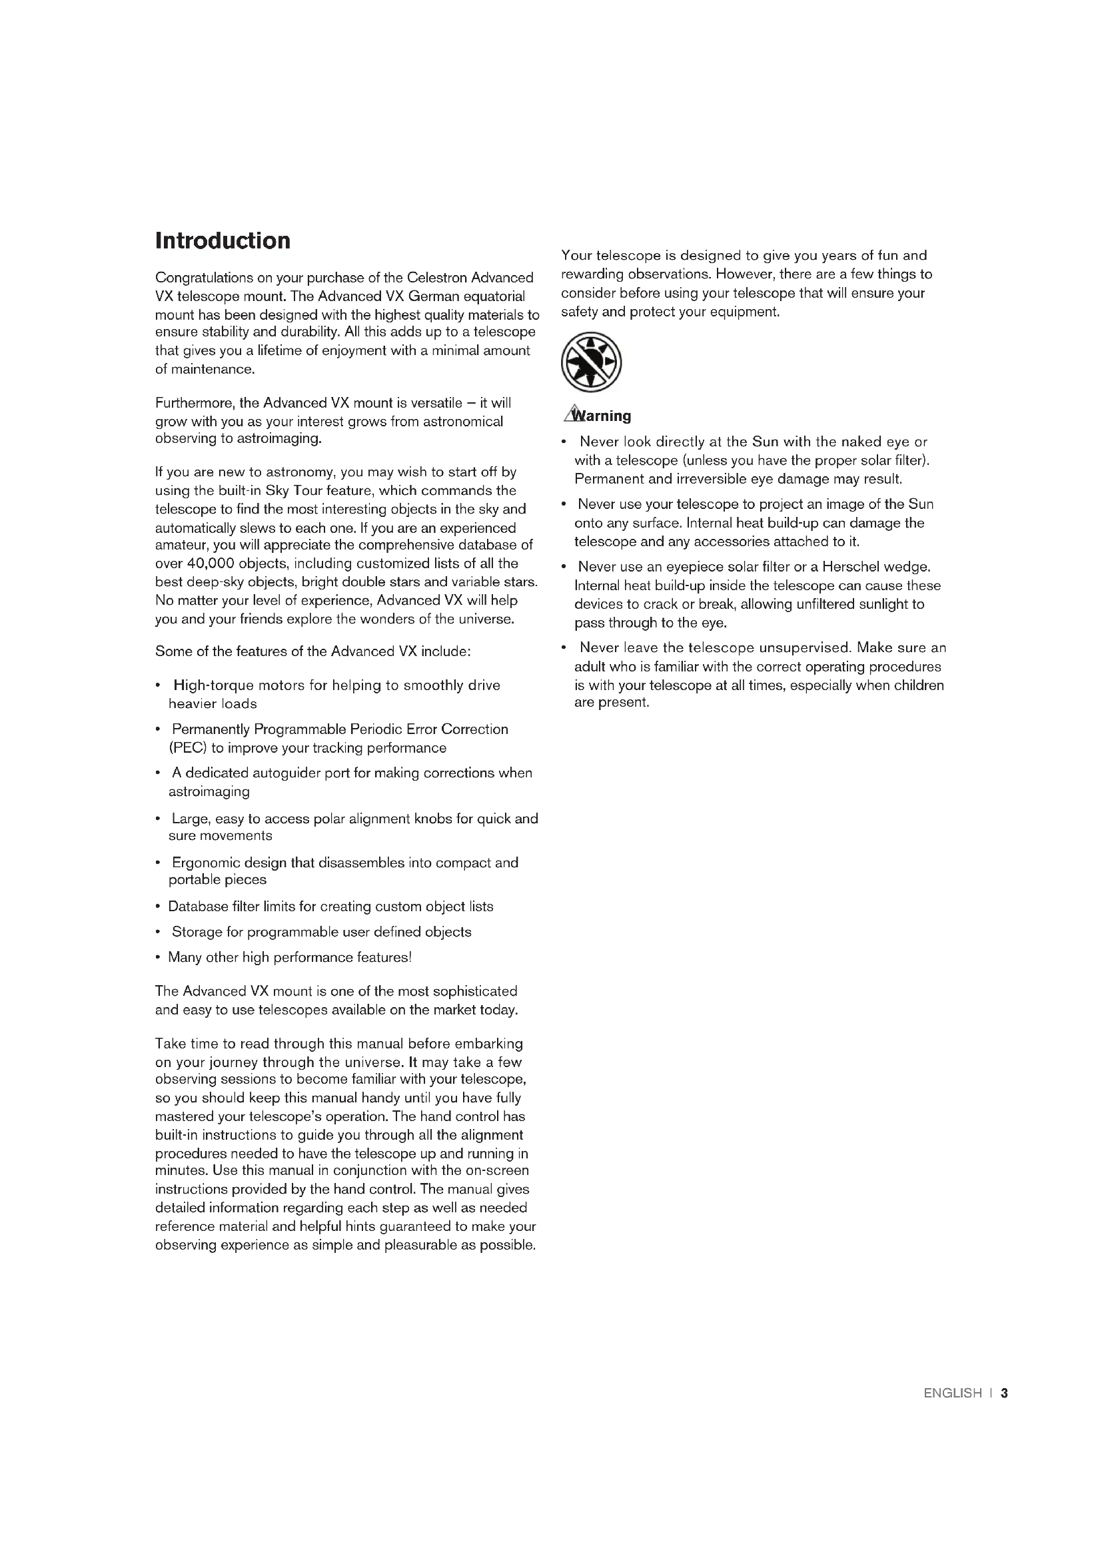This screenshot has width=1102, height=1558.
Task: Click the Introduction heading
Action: (223, 241)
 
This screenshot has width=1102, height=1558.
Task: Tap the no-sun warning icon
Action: (591, 362)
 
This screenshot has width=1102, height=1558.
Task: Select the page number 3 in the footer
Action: (1004, 1393)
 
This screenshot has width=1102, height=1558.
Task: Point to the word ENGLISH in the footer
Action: (952, 1393)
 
